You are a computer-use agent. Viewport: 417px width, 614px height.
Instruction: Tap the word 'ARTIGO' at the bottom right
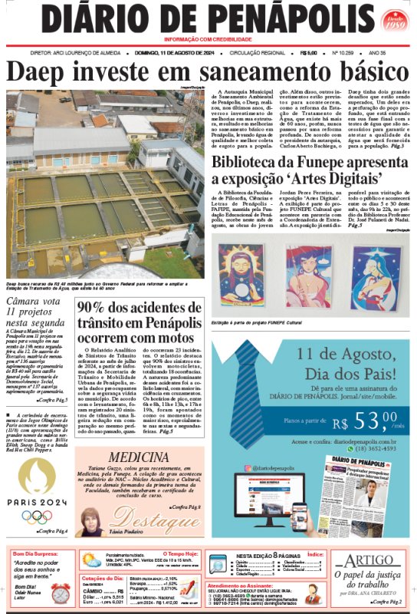(373, 560)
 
